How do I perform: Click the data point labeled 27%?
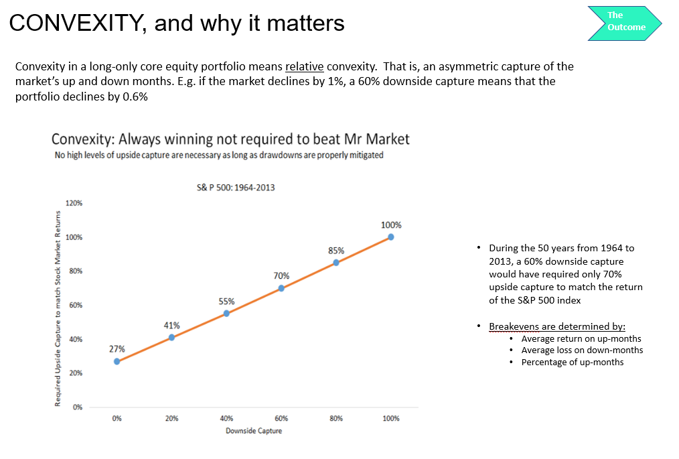point(117,361)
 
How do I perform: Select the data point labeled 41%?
point(172,337)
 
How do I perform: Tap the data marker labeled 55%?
point(226,313)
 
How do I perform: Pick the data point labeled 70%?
point(281,288)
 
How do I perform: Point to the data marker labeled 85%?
point(336,263)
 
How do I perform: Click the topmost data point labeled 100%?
point(391,237)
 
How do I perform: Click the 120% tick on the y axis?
point(74,203)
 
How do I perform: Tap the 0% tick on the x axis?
point(117,418)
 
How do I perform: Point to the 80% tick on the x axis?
point(336,418)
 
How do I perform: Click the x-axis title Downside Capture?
point(254,431)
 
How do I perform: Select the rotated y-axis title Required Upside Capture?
point(58,308)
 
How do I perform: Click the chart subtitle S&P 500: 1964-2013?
point(236,188)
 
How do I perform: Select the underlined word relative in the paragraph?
point(304,66)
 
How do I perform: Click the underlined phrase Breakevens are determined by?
point(557,326)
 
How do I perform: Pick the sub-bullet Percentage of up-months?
point(573,362)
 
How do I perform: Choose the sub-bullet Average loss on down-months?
point(582,350)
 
